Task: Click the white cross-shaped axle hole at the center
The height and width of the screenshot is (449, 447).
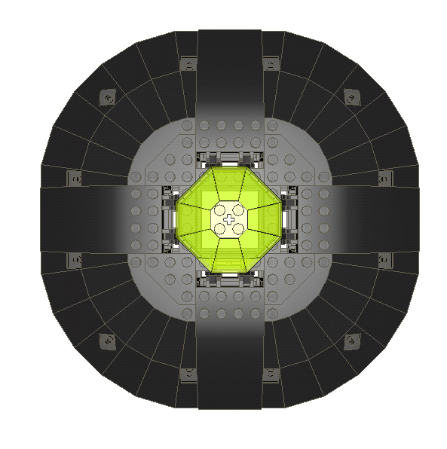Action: tap(229, 218)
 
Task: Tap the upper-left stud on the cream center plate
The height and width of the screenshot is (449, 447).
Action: tap(219, 210)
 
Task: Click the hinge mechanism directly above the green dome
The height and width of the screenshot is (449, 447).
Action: tap(229, 159)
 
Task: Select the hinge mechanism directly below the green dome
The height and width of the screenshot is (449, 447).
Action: tap(229, 279)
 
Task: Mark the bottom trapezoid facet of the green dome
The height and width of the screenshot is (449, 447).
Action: tap(229, 257)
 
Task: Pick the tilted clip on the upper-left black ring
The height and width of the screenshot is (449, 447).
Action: tap(109, 97)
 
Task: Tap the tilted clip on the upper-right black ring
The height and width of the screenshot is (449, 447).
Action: tap(351, 97)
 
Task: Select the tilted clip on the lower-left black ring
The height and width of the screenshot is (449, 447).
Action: tap(109, 341)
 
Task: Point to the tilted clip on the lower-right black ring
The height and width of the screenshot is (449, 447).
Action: tap(351, 341)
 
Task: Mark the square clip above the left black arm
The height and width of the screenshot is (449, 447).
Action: tap(75, 179)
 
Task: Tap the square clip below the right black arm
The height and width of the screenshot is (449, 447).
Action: tap(385, 259)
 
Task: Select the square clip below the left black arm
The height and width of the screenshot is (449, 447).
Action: tap(75, 259)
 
